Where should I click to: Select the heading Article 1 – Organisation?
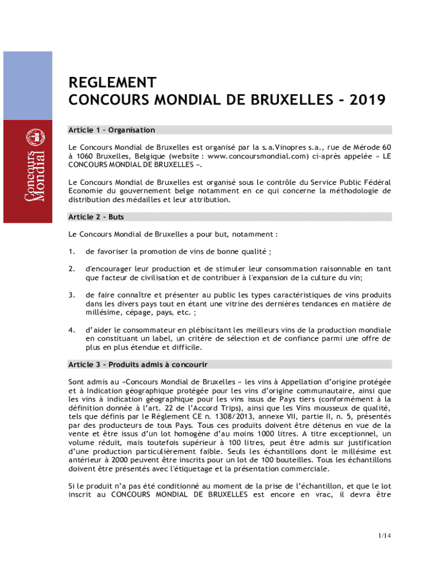(111, 130)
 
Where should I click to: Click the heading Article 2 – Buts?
(96, 217)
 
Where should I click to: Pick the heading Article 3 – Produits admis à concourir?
(138, 365)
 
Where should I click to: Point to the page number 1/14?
(384, 536)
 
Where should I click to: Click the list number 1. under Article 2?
(72, 252)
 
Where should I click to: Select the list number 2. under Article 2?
(72, 269)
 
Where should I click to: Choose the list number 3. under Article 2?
(72, 295)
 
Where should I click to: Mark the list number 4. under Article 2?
(72, 330)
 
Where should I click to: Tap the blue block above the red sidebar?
(28, 86)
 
